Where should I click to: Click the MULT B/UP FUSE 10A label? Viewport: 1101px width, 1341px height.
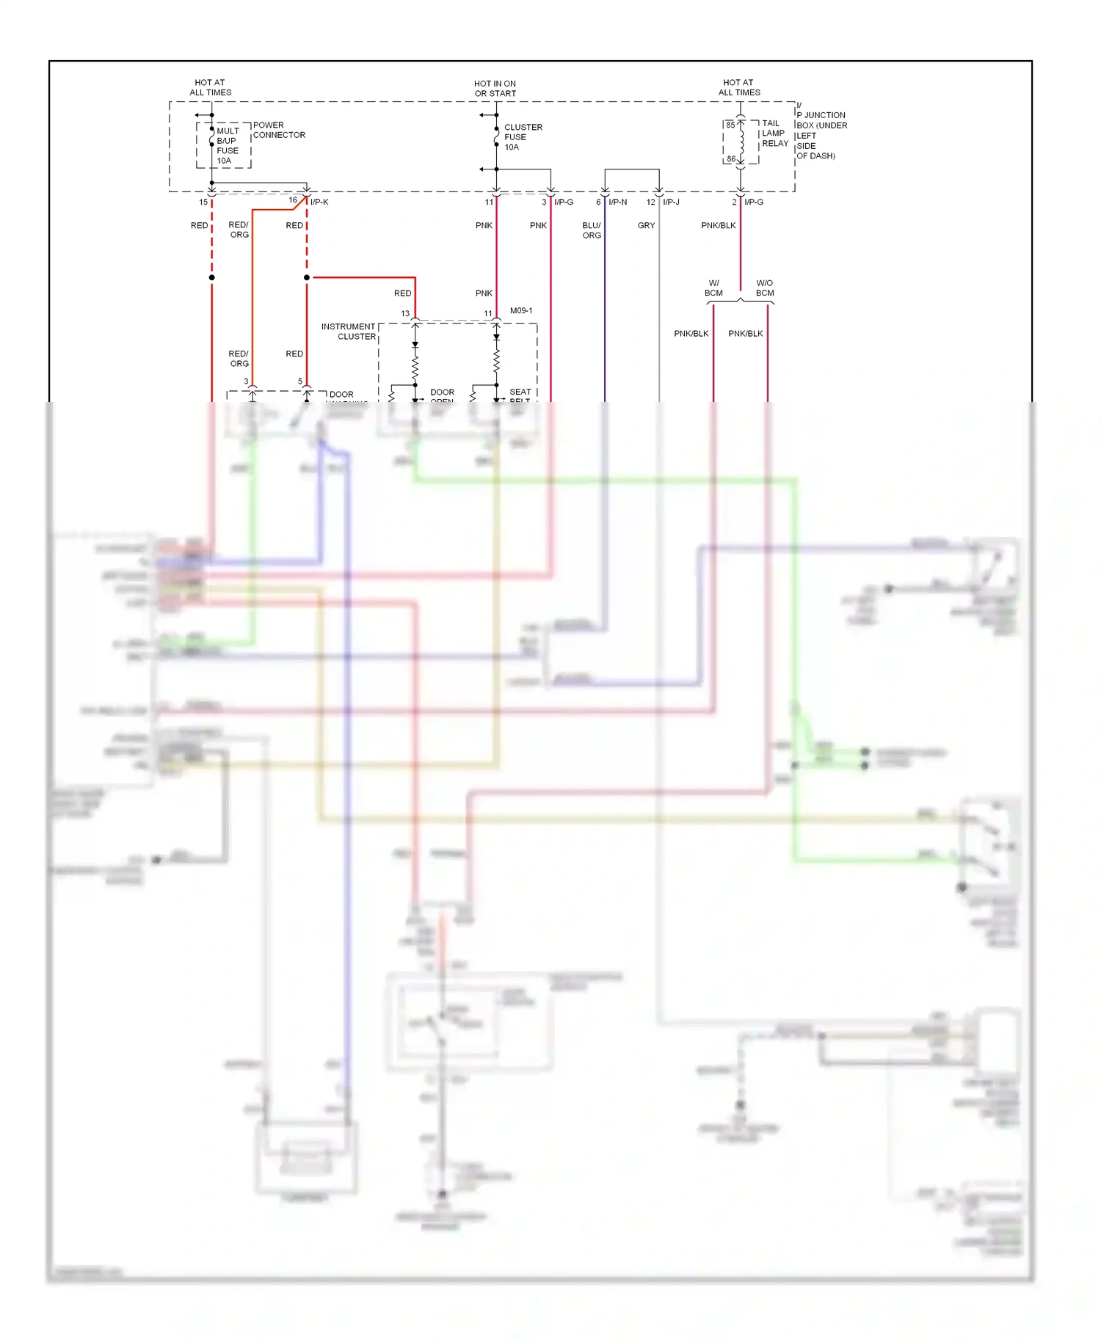pyautogui.click(x=227, y=145)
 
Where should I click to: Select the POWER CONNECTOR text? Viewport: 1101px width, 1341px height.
pyautogui.click(x=278, y=130)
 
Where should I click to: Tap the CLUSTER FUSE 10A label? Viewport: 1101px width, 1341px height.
pyautogui.click(x=523, y=137)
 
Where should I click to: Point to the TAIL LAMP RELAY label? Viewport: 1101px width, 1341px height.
pyautogui.click(x=774, y=134)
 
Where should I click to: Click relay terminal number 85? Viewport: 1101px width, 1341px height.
pyautogui.click(x=730, y=125)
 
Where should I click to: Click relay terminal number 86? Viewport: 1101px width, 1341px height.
pyautogui.click(x=731, y=158)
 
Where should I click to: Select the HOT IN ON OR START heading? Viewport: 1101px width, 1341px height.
pyautogui.click(x=495, y=89)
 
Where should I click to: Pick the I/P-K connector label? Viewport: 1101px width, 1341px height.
pyautogui.click(x=319, y=202)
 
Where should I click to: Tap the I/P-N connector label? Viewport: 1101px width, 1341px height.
pyautogui.click(x=617, y=202)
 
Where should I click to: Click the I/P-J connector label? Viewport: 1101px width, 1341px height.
pyautogui.click(x=671, y=202)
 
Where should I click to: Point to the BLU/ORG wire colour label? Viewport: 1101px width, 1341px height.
pyautogui.click(x=592, y=230)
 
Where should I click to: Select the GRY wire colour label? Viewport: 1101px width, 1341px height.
pyautogui.click(x=646, y=225)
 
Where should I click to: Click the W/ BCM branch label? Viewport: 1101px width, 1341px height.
pyautogui.click(x=713, y=288)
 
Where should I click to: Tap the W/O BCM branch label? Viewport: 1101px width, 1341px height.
pyautogui.click(x=765, y=288)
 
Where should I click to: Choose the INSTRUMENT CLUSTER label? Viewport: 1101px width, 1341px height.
pyautogui.click(x=349, y=332)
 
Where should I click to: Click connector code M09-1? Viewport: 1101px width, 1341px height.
pyautogui.click(x=521, y=310)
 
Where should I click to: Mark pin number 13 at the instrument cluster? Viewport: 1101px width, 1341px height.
pyautogui.click(x=405, y=313)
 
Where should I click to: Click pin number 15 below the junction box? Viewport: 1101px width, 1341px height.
pyautogui.click(x=203, y=202)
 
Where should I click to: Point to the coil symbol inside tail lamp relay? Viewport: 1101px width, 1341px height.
pyautogui.click(x=741, y=142)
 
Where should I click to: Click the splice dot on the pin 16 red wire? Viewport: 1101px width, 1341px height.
pyautogui.click(x=307, y=277)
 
